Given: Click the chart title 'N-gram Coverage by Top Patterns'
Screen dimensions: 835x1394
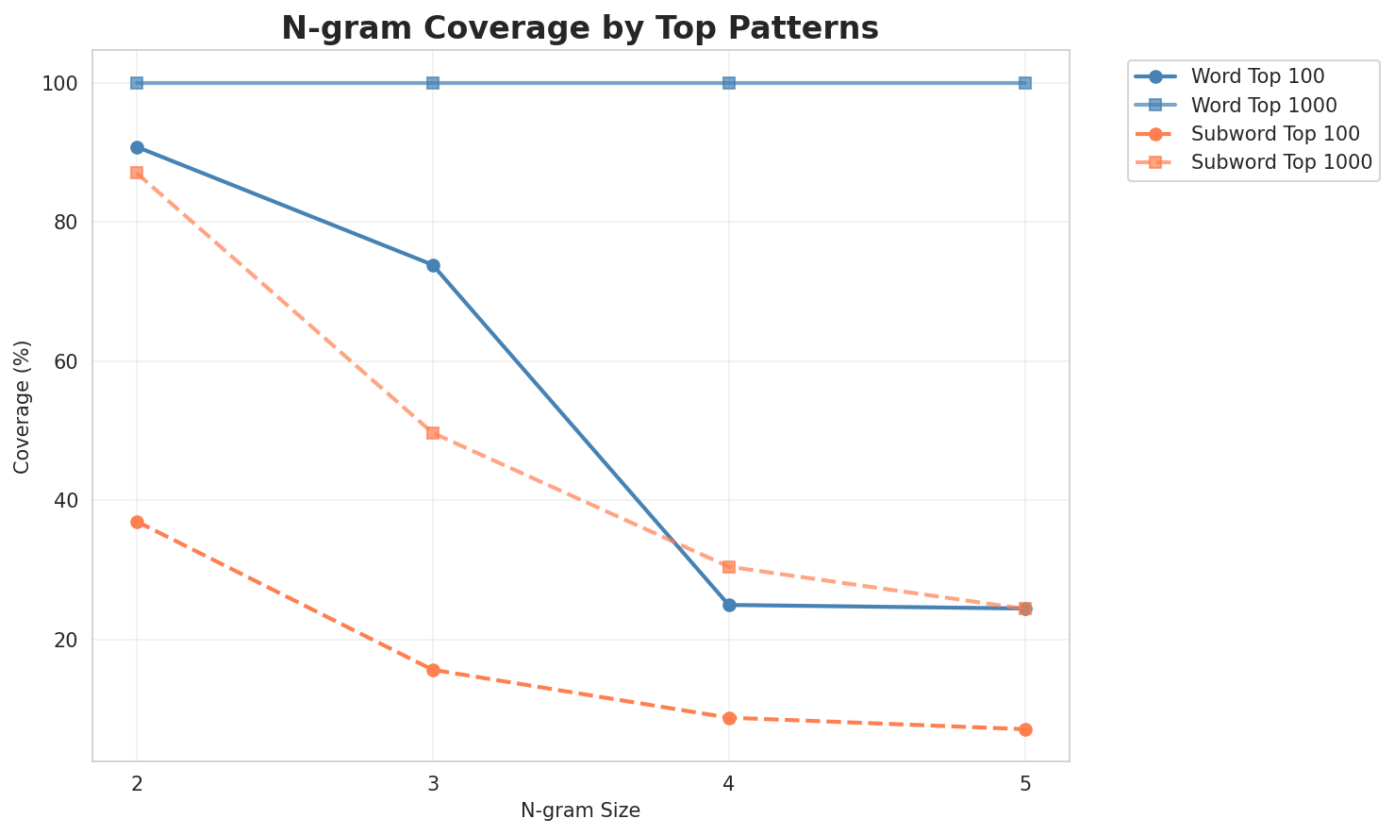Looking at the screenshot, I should coord(580,28).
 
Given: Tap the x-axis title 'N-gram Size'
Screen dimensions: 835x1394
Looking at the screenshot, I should coord(580,811).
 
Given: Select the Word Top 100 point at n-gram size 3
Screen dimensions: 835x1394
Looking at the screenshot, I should coord(433,266).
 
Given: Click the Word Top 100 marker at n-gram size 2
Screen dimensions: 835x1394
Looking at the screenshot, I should coord(137,147).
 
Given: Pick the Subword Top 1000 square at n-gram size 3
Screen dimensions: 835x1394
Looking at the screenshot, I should coord(433,433).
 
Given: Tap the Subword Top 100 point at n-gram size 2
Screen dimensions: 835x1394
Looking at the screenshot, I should coord(137,522).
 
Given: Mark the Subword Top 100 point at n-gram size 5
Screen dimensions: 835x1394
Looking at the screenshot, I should coord(1025,729).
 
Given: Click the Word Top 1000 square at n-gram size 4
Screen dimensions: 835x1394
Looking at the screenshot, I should coord(729,83).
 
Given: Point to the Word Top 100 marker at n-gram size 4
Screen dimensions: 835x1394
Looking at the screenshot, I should coord(729,605).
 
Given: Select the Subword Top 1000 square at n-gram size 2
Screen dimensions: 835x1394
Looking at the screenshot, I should coord(137,173).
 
